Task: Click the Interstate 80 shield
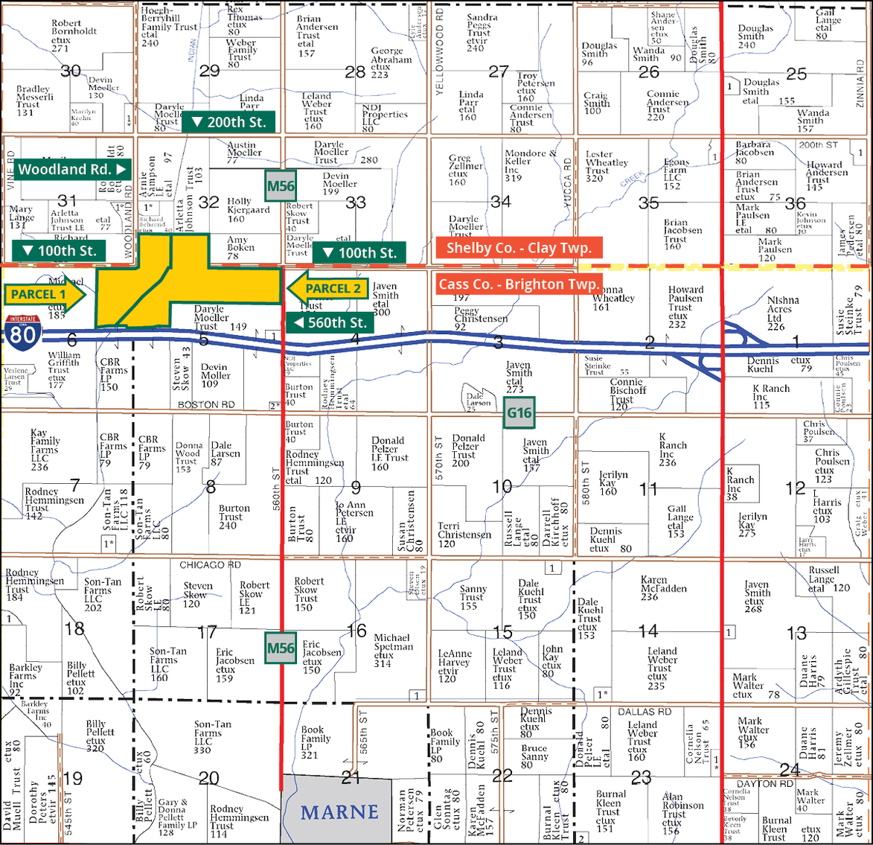(x=22, y=332)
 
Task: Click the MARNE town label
(x=339, y=812)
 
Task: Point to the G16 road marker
(x=519, y=412)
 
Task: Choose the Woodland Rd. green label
(x=72, y=169)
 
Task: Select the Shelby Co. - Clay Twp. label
(x=519, y=248)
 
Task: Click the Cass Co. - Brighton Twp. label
(x=519, y=284)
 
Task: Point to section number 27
(x=499, y=72)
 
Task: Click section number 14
(x=648, y=631)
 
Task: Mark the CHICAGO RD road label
(x=211, y=565)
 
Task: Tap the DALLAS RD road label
(x=645, y=712)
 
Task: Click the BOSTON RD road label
(x=206, y=405)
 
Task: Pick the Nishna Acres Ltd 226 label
(x=784, y=313)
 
